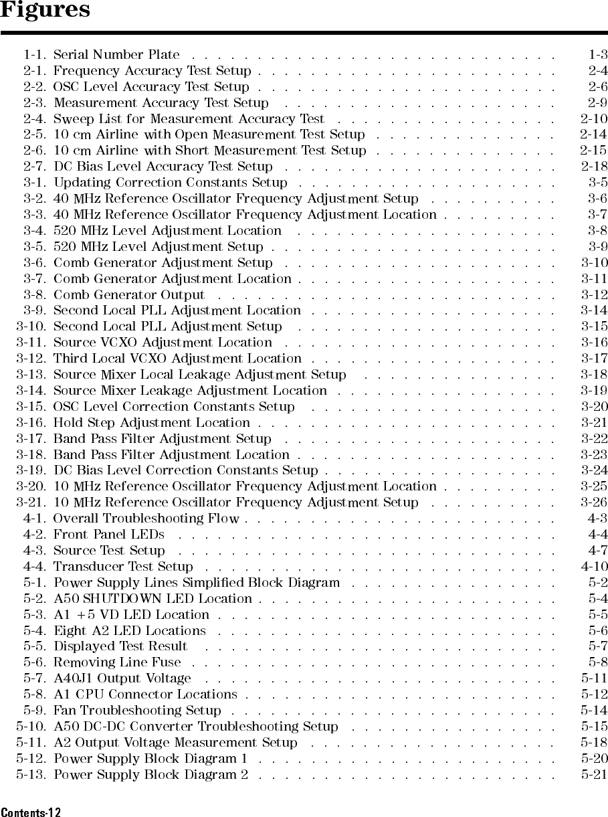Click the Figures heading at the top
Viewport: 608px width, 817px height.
tap(45, 11)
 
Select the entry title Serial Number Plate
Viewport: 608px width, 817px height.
tap(116, 54)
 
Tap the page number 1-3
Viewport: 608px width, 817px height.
tap(597, 54)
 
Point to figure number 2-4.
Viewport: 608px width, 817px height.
tap(34, 118)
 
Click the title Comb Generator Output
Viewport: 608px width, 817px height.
tap(129, 294)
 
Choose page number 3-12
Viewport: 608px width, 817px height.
tap(594, 294)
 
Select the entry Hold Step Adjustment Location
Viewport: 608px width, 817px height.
tap(151, 423)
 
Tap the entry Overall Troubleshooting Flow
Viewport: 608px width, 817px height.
tap(146, 519)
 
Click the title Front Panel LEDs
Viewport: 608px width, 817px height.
tap(108, 534)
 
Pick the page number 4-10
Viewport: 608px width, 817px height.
tap(594, 566)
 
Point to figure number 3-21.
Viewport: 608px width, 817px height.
tap(31, 503)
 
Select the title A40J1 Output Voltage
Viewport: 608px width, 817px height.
tap(122, 678)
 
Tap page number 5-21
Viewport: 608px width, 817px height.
tap(594, 774)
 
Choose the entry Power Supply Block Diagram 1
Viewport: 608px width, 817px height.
tap(150, 758)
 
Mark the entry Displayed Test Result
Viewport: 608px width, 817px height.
tap(120, 646)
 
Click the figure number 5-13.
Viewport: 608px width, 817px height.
tap(31, 774)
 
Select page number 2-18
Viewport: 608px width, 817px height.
tap(594, 166)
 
